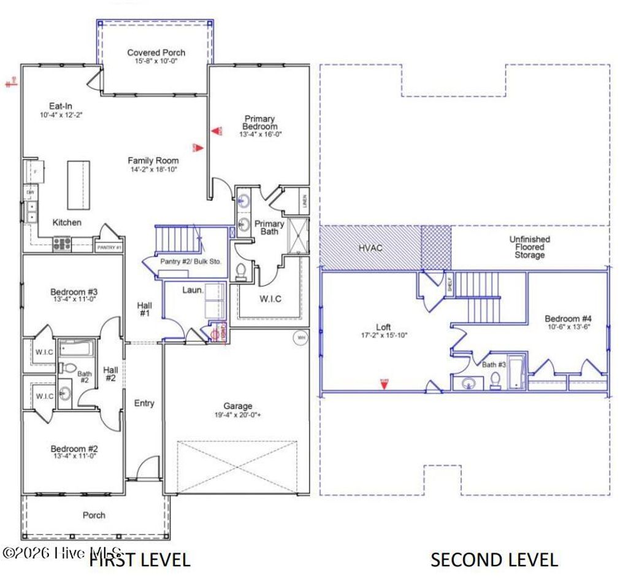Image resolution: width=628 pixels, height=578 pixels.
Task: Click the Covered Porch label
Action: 156,53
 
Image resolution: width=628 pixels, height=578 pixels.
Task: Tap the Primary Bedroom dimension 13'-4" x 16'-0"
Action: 260,134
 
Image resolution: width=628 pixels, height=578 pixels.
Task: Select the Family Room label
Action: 153,161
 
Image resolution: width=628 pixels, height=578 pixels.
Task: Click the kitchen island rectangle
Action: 78,185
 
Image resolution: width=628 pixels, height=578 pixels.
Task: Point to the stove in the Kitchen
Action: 62,244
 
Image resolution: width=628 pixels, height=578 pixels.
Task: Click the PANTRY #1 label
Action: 110,247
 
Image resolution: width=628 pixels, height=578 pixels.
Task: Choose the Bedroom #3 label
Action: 74,292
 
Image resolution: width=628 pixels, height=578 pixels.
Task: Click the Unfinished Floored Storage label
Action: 529,247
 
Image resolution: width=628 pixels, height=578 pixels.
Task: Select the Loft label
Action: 383,327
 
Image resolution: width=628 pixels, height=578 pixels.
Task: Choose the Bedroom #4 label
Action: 568,318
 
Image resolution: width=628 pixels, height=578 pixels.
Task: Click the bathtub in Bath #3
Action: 516,371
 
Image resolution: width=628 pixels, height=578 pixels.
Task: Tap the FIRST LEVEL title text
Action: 140,560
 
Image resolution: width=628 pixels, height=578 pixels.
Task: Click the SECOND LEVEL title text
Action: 494,560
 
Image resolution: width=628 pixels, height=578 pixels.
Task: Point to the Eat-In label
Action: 61,106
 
